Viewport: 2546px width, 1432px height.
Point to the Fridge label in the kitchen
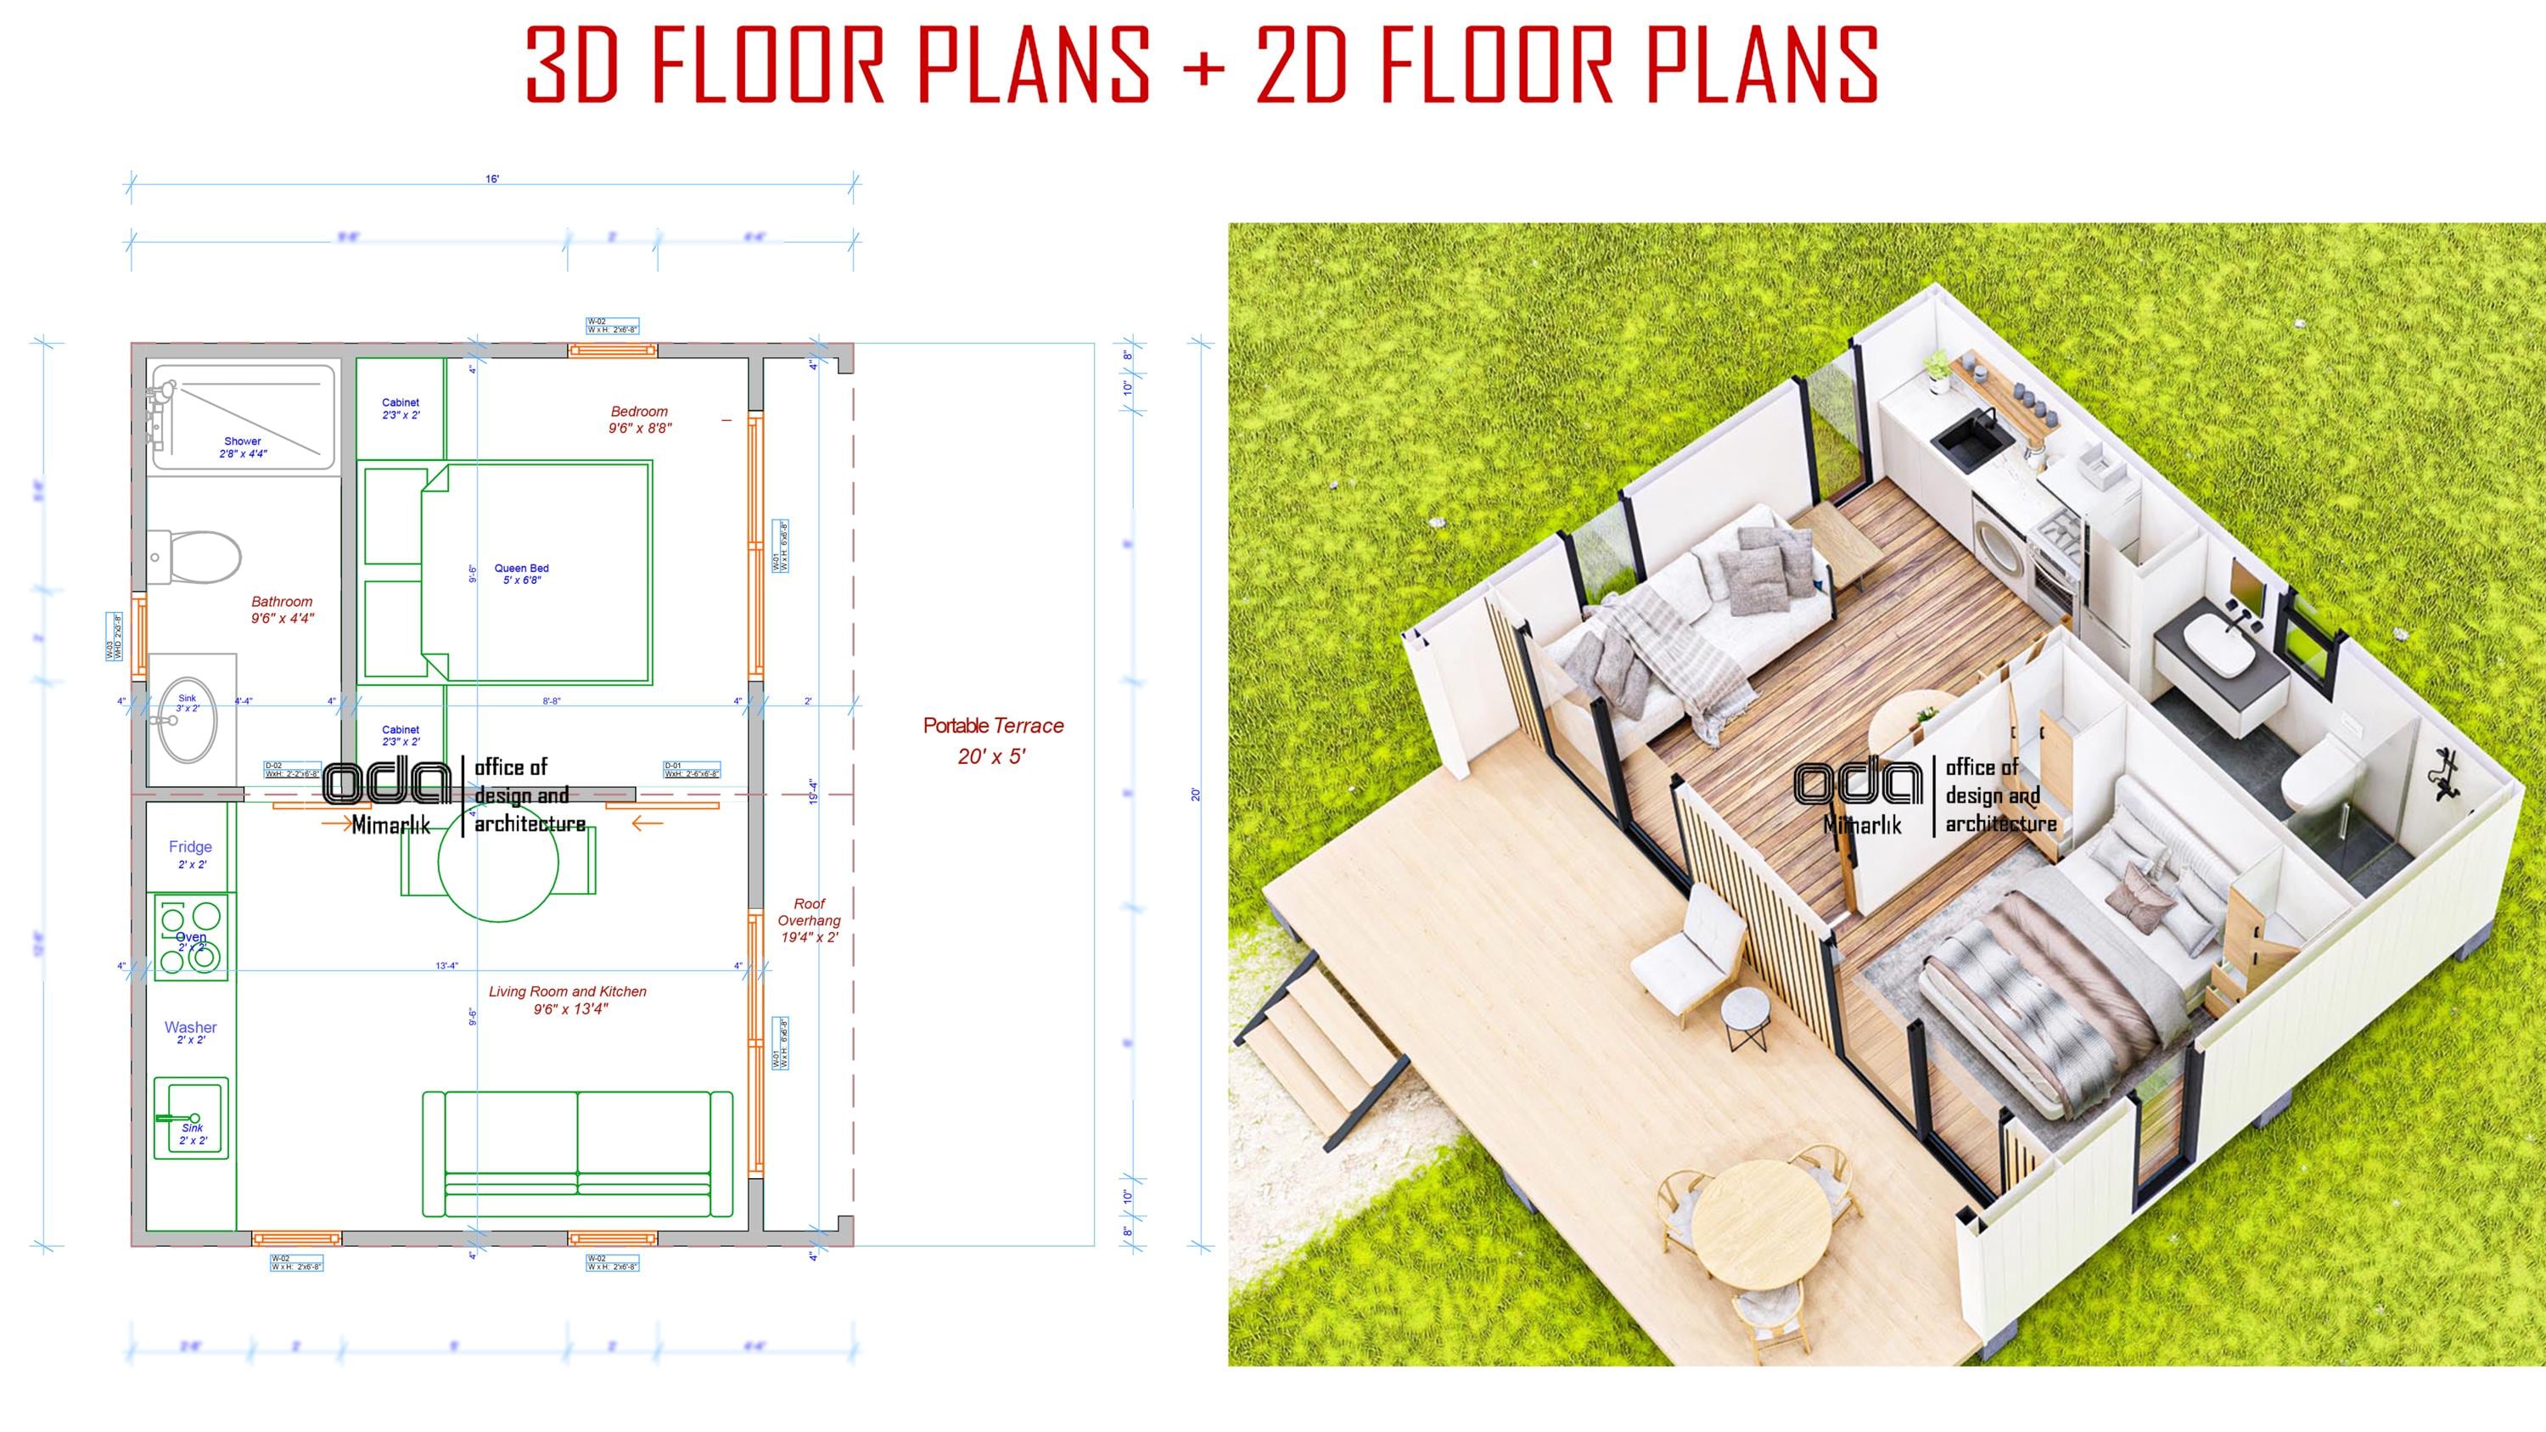190,847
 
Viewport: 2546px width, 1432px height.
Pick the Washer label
190,1028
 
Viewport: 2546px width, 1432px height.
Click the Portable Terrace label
993,727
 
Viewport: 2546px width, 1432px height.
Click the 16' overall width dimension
492,179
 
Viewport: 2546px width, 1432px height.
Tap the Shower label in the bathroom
242,441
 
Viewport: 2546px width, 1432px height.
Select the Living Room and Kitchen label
567,992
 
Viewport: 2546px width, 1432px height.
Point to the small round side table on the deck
1747,1013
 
